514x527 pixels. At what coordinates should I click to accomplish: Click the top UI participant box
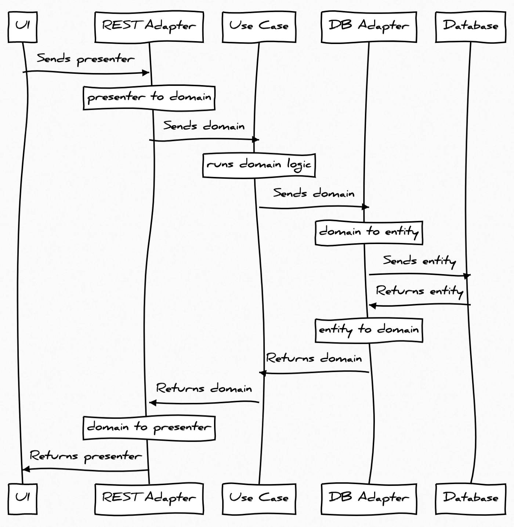point(22,27)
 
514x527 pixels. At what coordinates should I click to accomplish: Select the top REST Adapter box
point(149,27)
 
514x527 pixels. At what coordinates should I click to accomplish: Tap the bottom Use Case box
point(259,498)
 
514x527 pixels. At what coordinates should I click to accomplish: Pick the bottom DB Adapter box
point(369,498)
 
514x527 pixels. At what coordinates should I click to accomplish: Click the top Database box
point(470,27)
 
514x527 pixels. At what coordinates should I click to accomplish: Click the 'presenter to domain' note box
point(149,98)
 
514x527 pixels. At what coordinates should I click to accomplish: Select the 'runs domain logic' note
point(259,165)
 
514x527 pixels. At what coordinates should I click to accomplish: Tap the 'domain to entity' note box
point(369,233)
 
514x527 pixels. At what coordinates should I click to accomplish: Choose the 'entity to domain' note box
point(369,330)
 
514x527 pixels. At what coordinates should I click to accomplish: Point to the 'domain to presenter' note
point(149,428)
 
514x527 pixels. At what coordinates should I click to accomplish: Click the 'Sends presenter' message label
point(86,59)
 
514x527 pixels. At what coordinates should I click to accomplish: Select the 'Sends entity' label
point(419,261)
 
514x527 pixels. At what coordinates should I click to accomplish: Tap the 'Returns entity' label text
point(419,291)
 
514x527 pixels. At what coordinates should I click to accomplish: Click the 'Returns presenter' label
point(86,457)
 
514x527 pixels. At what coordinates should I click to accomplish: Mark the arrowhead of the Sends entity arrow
point(467,276)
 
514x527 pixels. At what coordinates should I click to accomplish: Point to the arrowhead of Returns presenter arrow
point(26,469)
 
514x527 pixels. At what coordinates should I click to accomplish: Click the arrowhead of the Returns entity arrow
point(372,306)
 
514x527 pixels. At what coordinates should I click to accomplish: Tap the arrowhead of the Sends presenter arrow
point(146,73)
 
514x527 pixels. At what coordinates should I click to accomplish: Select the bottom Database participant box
point(470,498)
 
